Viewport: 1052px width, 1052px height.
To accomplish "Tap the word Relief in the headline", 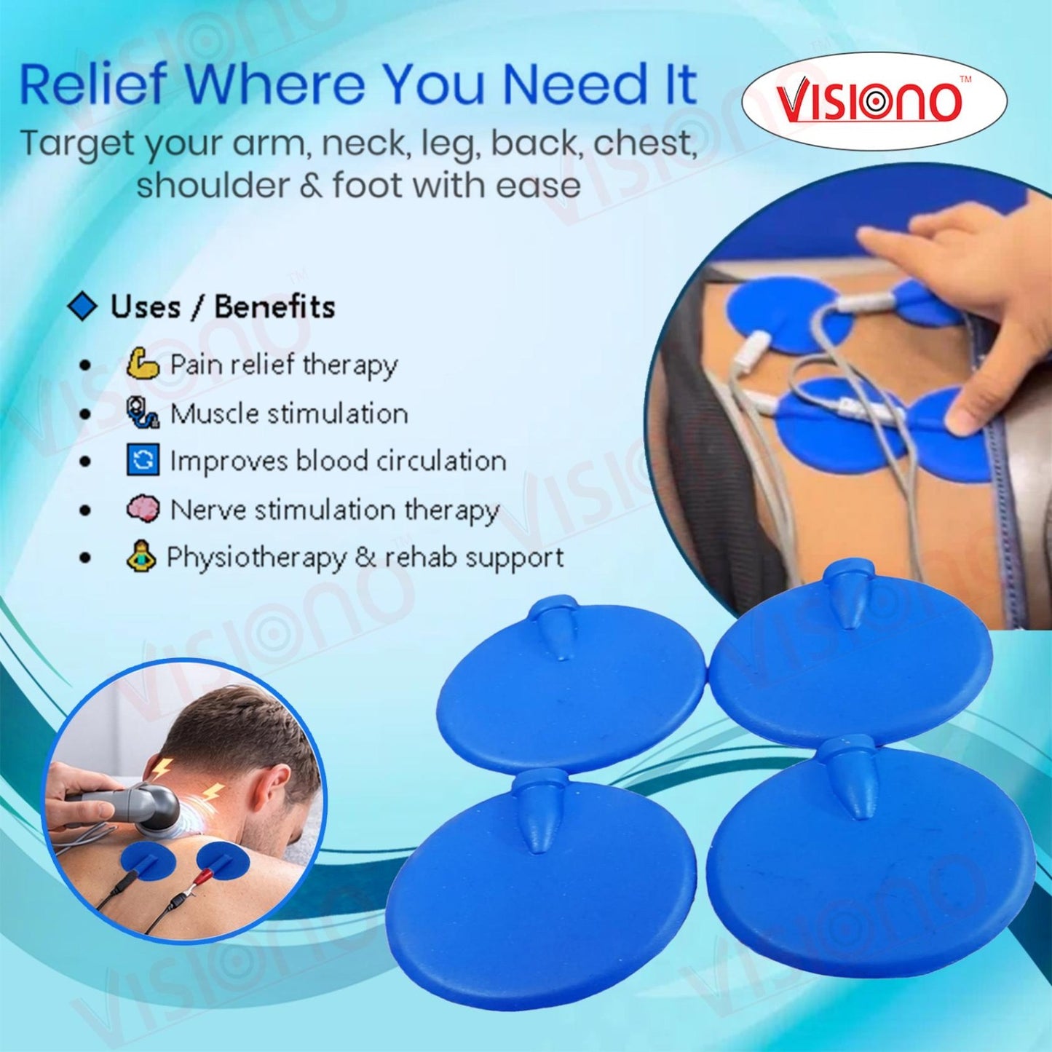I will pyautogui.click(x=92, y=85).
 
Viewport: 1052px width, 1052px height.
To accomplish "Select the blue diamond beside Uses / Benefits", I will pyautogui.click(x=82, y=306).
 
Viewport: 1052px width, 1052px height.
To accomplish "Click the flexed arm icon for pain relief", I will pyautogui.click(x=142, y=363).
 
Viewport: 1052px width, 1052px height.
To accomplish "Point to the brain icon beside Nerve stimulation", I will pyautogui.click(x=142, y=509).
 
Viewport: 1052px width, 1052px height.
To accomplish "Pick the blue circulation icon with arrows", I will pyautogui.click(x=143, y=460).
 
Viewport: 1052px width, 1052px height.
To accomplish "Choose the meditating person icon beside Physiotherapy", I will pyautogui.click(x=141, y=558).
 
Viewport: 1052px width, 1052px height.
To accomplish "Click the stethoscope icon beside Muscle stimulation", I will pyautogui.click(x=142, y=412).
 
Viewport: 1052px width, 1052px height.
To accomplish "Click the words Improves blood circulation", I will pyautogui.click(x=338, y=461).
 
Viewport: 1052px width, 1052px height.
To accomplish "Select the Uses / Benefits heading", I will pyautogui.click(x=222, y=306).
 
